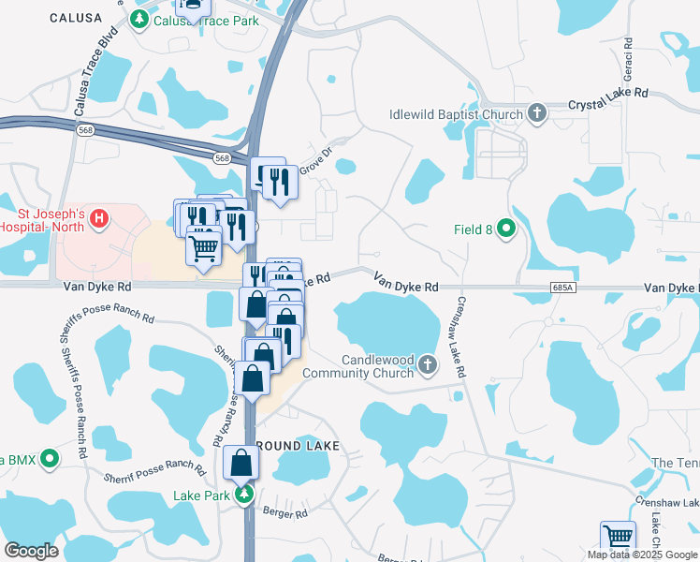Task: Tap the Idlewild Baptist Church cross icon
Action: [x=536, y=114]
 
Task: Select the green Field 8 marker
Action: [x=507, y=229]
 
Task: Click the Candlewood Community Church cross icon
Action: [x=428, y=363]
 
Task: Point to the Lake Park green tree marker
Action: [x=244, y=494]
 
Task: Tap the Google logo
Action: [x=32, y=551]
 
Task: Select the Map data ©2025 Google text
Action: [x=642, y=555]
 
